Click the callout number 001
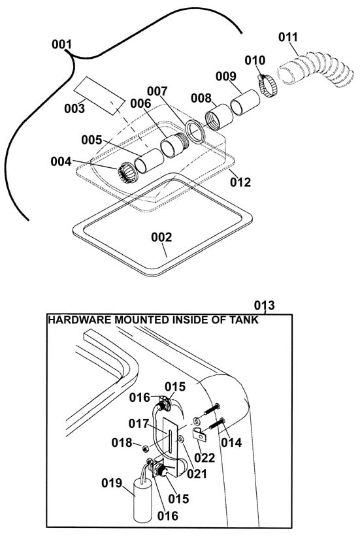pos(62,44)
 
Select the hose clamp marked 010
pos(267,86)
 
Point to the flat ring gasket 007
pos(195,132)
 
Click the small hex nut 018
pos(145,448)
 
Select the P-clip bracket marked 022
pos(199,435)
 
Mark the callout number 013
pos(265,305)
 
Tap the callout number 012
pos(240,182)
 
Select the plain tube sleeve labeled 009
pos(245,102)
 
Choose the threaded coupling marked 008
pos(219,116)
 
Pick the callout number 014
pos(231,442)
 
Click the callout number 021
pos(197,474)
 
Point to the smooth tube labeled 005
pos(149,161)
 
